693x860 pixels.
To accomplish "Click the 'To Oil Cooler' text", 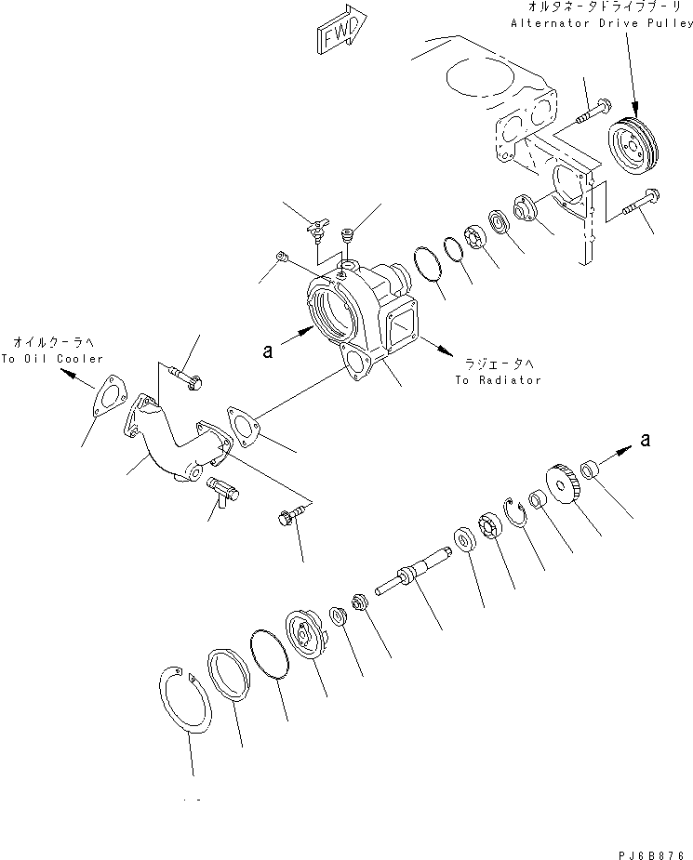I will tap(52, 358).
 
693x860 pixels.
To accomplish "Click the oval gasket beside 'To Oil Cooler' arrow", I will tap(110, 394).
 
